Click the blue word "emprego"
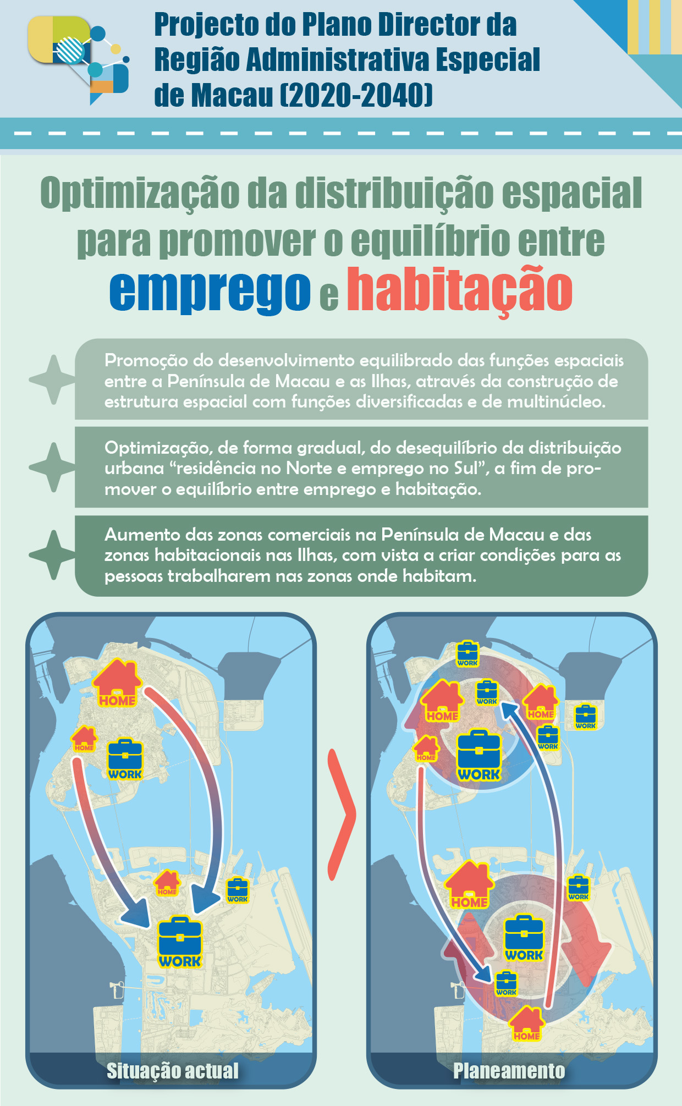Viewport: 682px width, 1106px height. click(x=210, y=291)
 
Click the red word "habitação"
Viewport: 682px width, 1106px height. click(x=460, y=290)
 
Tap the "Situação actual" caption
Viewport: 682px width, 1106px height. click(x=173, y=1070)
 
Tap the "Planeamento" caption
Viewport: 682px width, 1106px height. click(x=509, y=1070)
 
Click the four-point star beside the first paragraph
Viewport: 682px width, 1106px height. click(x=52, y=379)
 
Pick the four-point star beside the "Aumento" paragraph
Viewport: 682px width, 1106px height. click(x=52, y=554)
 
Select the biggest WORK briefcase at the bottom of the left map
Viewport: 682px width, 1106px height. click(x=180, y=943)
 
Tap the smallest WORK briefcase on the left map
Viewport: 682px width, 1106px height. click(x=238, y=890)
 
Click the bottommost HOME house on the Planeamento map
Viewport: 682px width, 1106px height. click(x=526, y=1024)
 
